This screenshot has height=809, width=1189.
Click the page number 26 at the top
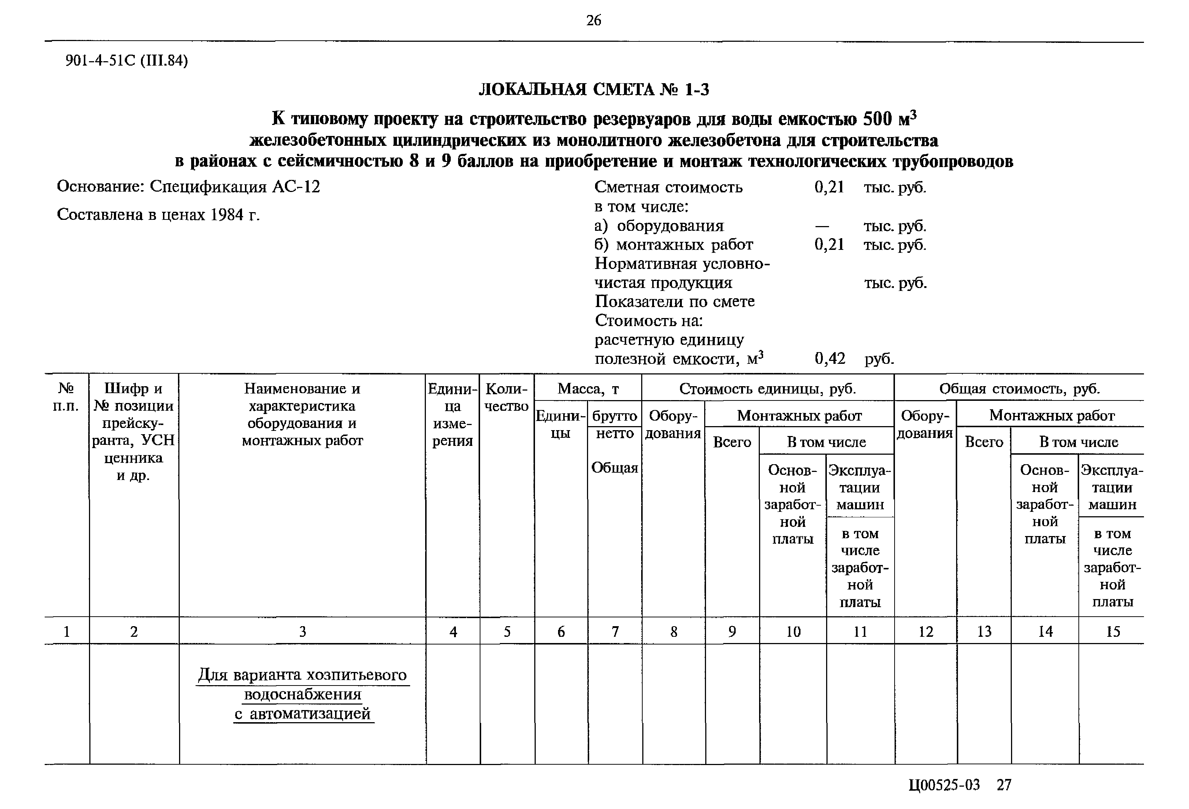point(594,21)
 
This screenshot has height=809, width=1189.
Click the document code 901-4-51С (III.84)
point(126,61)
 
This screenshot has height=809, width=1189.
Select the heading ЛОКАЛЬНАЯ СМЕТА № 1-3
point(594,90)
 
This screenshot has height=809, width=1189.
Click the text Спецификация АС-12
point(235,187)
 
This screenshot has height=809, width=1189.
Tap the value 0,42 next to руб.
point(829,358)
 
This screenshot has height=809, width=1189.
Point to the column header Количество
point(506,397)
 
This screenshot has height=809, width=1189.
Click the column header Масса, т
point(588,389)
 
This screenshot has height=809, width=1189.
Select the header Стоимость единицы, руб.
point(768,389)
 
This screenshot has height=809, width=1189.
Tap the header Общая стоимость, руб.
point(1019,389)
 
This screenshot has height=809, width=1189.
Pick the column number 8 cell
point(674,631)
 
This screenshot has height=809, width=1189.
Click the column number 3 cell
point(302,631)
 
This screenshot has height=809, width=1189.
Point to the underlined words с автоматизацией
point(304,714)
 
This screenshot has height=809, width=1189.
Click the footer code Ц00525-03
point(944,785)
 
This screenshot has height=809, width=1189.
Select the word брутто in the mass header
point(614,416)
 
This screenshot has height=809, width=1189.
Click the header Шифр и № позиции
point(134,397)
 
